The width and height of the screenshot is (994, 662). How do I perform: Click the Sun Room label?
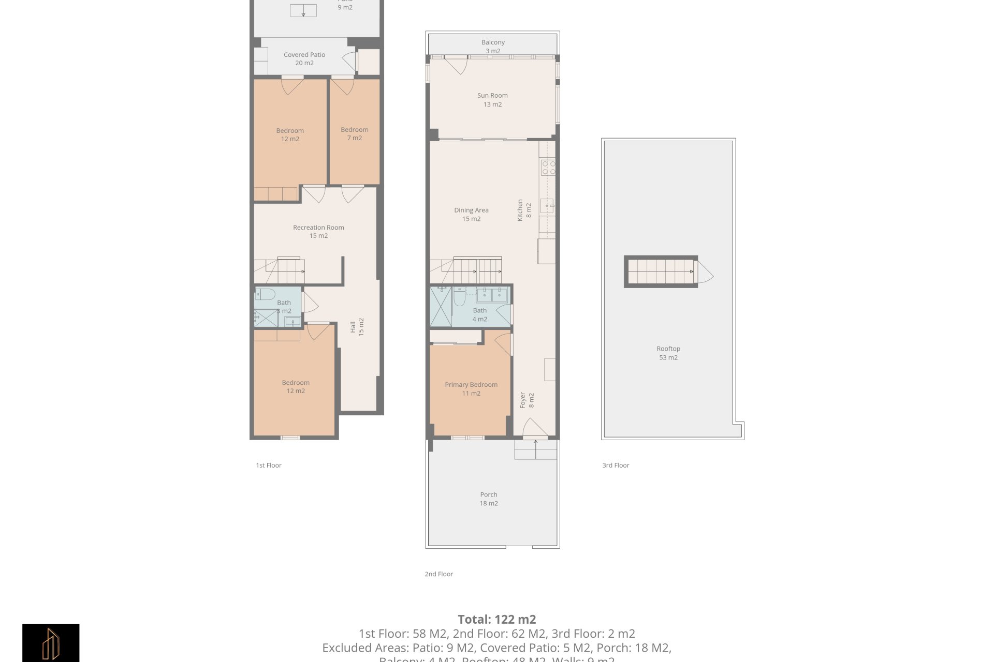(x=492, y=99)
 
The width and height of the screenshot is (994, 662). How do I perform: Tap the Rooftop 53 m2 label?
(x=668, y=353)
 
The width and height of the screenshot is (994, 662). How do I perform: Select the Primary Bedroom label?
(x=471, y=388)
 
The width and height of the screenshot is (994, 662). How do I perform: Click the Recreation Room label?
(x=318, y=231)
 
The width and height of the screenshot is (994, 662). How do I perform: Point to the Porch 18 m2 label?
(x=489, y=499)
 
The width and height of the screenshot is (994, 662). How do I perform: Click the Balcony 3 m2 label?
(x=493, y=46)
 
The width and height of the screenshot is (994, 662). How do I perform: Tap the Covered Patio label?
(x=304, y=58)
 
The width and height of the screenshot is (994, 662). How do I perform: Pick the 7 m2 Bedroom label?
(x=355, y=133)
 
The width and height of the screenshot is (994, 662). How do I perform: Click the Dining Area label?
(x=471, y=214)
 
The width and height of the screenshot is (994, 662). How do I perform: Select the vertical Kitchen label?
(x=524, y=210)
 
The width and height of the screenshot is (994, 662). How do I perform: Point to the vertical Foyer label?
(x=527, y=400)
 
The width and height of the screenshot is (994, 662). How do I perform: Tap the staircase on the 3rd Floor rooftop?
(x=661, y=272)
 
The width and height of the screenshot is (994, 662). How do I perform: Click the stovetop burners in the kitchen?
(x=548, y=168)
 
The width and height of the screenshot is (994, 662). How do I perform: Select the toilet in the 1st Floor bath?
(x=266, y=294)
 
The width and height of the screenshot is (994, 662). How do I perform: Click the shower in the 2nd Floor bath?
(x=441, y=307)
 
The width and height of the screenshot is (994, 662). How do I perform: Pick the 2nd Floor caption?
(x=438, y=574)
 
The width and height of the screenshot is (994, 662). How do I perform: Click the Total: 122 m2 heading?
(x=496, y=619)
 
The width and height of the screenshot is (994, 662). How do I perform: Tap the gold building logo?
(x=51, y=643)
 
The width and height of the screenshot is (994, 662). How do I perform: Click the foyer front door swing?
(x=534, y=428)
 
